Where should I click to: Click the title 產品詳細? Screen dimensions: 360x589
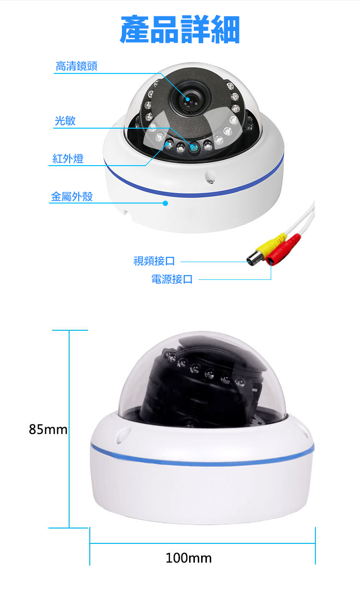click(x=180, y=29)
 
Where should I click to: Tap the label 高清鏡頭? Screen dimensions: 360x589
click(x=76, y=66)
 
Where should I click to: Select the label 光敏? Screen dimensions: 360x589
click(x=65, y=120)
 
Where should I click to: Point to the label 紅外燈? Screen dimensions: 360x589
click(x=68, y=158)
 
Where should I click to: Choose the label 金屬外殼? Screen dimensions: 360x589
click(x=72, y=196)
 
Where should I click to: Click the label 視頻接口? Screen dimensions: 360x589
click(x=154, y=261)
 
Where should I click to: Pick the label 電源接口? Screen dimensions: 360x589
click(x=172, y=279)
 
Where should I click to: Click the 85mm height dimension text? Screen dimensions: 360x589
click(x=48, y=430)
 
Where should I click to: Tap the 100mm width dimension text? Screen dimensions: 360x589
click(x=189, y=558)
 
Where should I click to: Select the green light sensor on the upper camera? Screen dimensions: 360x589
click(x=194, y=148)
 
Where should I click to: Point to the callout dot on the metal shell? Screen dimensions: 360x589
click(x=166, y=203)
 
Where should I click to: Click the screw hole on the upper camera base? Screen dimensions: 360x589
click(x=210, y=177)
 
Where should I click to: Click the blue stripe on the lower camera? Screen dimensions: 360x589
click(x=202, y=461)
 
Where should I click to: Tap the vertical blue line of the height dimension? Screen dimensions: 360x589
click(x=69, y=429)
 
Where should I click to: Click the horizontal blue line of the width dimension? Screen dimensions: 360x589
click(x=202, y=543)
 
